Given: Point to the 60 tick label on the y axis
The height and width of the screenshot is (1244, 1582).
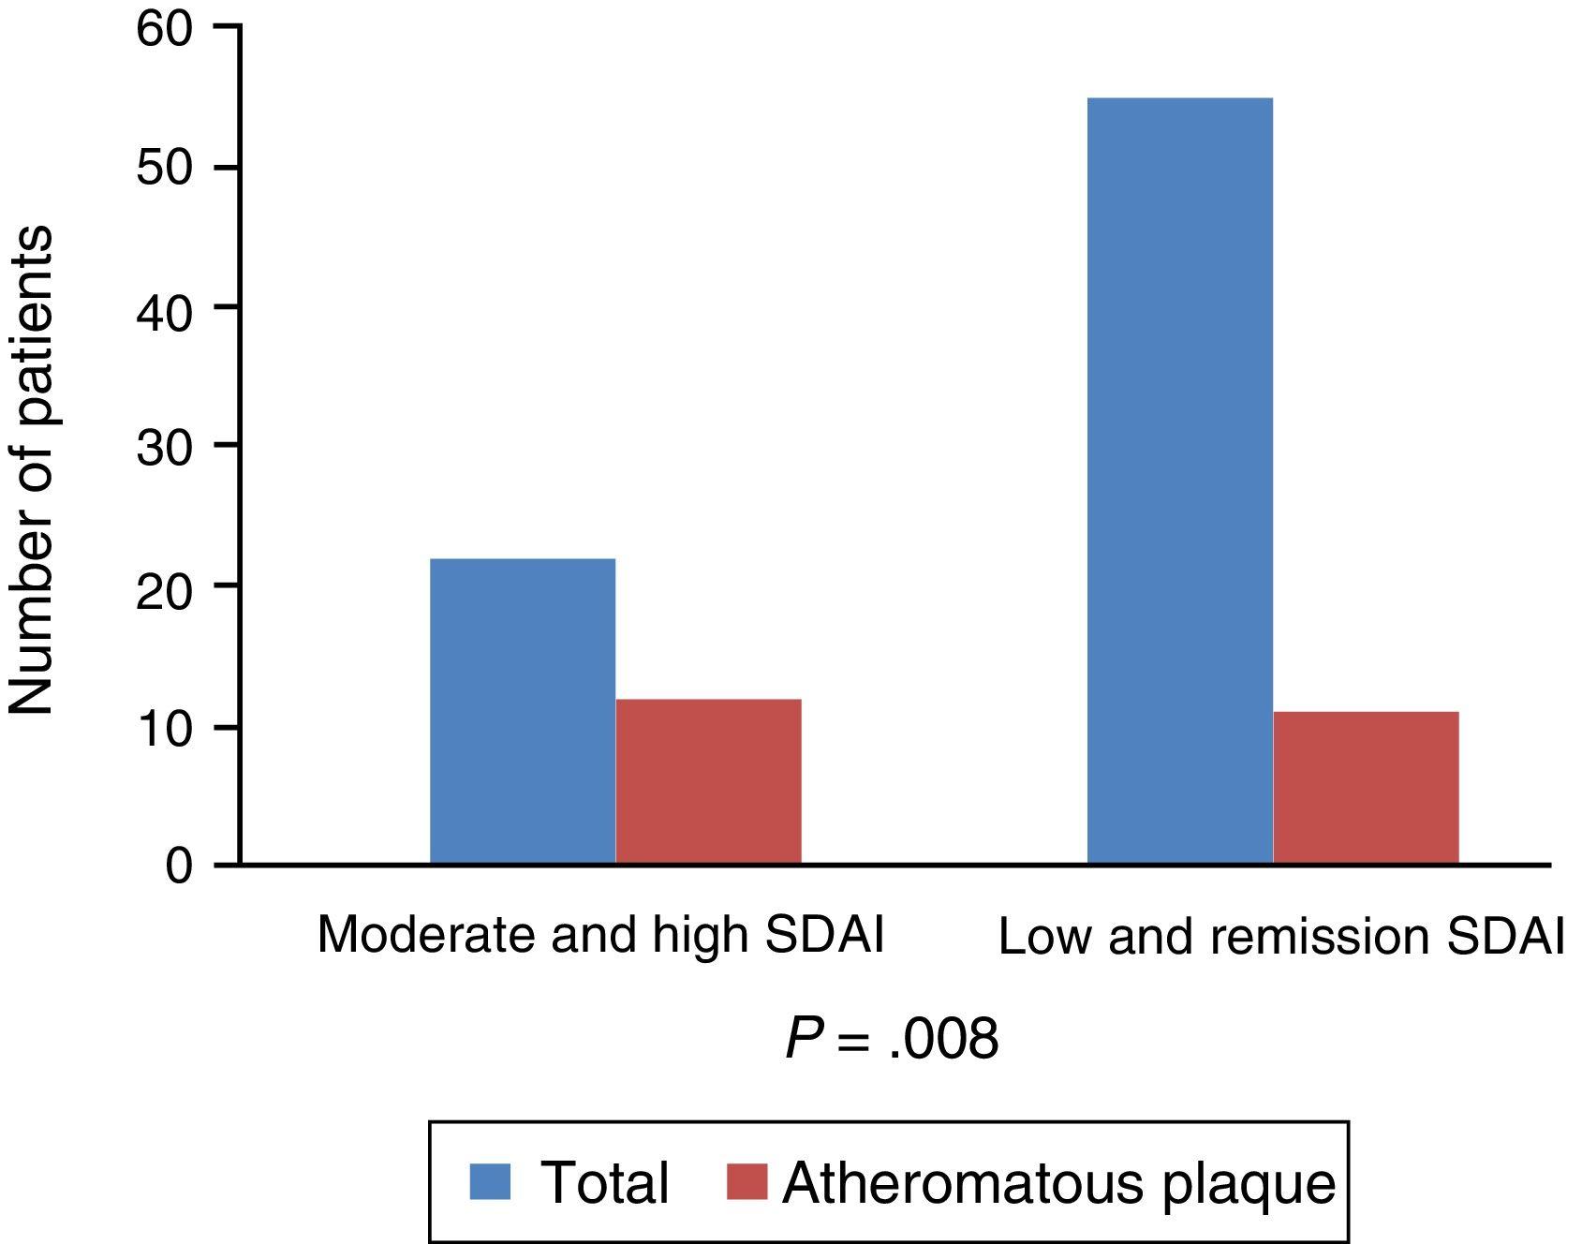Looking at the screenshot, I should point(164,28).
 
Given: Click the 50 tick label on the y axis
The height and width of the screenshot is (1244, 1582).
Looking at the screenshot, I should point(164,168).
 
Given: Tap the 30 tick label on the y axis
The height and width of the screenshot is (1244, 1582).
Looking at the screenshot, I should point(164,447).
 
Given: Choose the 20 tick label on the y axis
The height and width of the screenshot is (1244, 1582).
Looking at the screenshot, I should point(164,587).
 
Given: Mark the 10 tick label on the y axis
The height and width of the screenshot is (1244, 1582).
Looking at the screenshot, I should point(164,727).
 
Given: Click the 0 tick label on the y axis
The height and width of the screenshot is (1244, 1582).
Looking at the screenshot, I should point(179,866).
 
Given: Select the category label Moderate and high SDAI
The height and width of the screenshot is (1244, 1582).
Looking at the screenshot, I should point(600,935).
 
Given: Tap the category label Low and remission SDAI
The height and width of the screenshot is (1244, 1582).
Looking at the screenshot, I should point(1280,937).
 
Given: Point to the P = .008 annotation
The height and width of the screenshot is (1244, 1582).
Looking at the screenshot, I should point(891,1039).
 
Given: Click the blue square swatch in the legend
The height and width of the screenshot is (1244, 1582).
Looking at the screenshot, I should point(490,1181).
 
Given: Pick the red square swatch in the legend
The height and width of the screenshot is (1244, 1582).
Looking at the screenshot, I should point(747,1181).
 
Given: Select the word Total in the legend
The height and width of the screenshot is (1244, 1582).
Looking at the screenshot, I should point(604,1182).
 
